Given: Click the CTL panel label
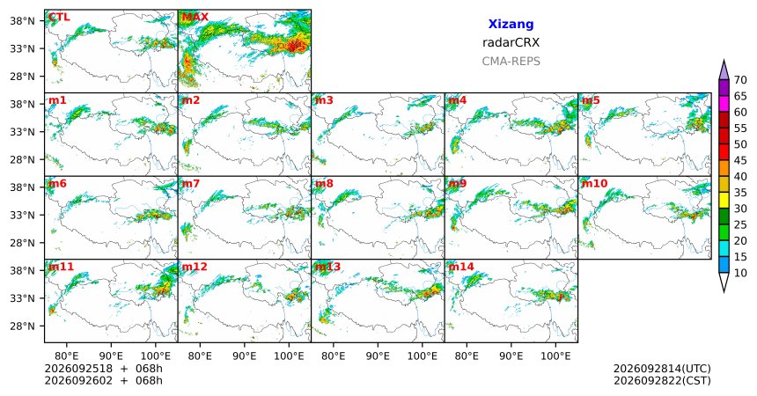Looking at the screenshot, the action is coord(58,18).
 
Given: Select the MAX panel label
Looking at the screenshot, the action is coord(195,18).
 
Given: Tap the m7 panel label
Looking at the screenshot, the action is coord(191,184).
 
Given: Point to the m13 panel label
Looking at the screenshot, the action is coord(327,267).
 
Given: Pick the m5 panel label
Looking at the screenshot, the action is coord(591,100).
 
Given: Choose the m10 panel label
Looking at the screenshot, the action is coord(594,184).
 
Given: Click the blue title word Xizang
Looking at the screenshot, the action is coord(511,24).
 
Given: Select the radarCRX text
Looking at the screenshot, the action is coord(511,42).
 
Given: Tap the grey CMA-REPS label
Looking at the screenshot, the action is coord(511,62).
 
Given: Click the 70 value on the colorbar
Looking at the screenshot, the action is coord(740,80).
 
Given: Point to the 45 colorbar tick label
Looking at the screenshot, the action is coord(740,160).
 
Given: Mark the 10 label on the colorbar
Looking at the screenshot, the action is coord(740,273).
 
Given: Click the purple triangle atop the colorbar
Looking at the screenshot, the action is coord(724,70).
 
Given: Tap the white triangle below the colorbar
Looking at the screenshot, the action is coord(724,282).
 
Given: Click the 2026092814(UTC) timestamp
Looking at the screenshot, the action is coord(662,369).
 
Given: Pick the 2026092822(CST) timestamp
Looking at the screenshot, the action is coord(662,380).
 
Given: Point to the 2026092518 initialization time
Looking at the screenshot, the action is coord(78,369).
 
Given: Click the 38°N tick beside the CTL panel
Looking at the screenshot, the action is coord(23,21).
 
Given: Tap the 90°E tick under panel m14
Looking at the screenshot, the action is coord(511,356).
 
